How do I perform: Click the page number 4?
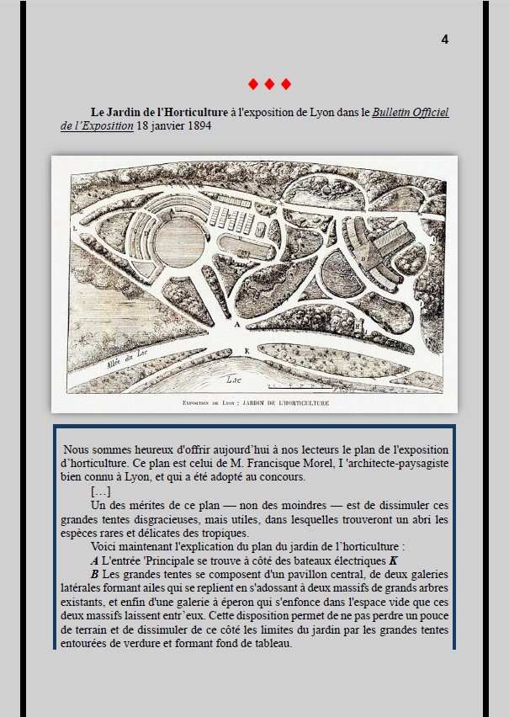click(x=444, y=40)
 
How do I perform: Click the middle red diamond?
click(x=269, y=84)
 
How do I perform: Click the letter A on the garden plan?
click(x=237, y=323)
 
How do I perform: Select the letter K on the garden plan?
click(x=247, y=349)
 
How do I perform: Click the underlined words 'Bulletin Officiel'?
click(x=411, y=112)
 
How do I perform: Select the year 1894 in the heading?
click(x=195, y=127)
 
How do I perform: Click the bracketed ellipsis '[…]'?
click(x=100, y=491)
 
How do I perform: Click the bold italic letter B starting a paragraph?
click(x=94, y=574)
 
